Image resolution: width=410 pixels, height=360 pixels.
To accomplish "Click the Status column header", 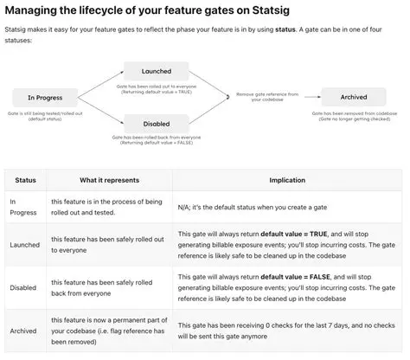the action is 25,180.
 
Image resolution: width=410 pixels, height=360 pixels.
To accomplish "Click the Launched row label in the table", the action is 25,245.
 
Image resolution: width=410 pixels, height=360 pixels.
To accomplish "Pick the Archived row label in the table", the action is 23,331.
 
